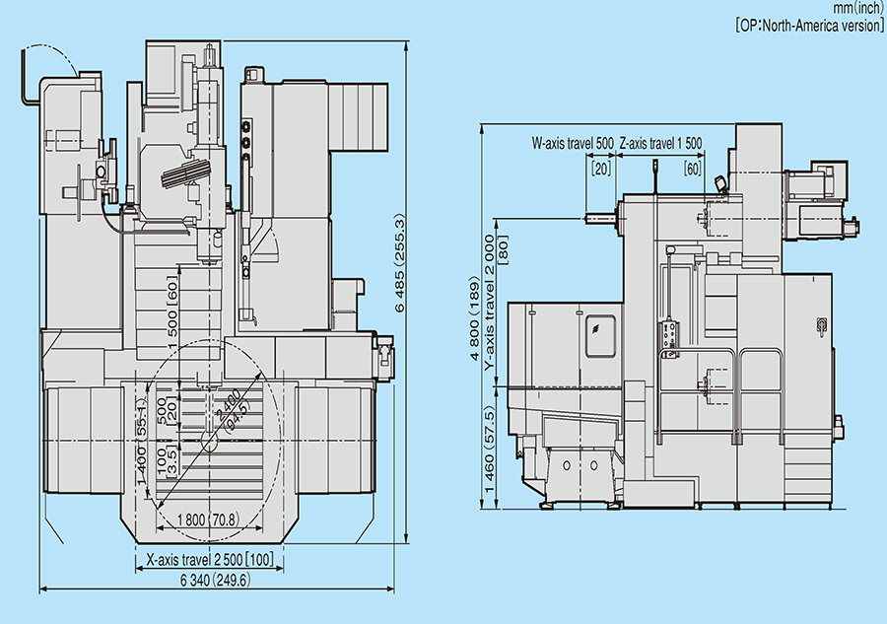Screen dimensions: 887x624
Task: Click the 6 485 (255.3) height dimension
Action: [x=399, y=263]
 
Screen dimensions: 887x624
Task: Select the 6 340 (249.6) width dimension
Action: [x=216, y=580]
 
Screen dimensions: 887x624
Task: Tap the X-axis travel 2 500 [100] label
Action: [x=210, y=560]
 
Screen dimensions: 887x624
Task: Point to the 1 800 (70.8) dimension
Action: [x=208, y=520]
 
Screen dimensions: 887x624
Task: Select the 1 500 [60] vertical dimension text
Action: [x=172, y=306]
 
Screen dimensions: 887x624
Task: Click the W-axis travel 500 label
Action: [x=573, y=143]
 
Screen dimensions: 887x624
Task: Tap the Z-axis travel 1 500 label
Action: [x=660, y=143]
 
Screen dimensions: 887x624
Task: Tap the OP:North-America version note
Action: [x=809, y=26]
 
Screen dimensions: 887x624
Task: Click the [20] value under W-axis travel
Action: [x=601, y=168]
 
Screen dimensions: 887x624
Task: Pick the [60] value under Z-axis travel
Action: [x=692, y=168]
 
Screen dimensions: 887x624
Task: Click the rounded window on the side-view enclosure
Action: [x=600, y=336]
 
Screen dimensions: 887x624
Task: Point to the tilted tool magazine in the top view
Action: [x=186, y=173]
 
